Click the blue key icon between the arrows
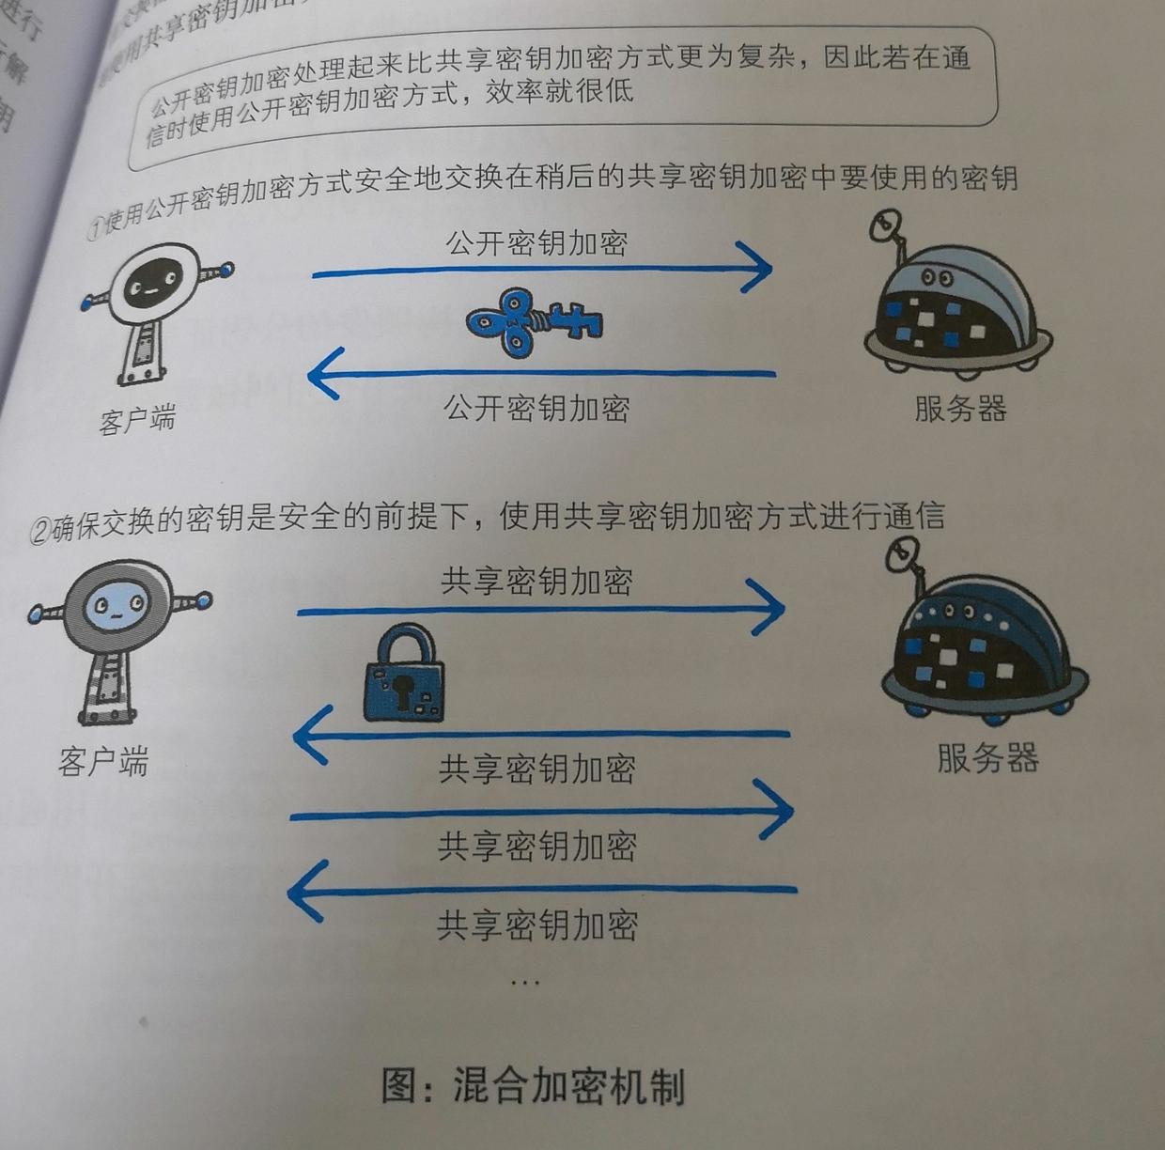click(533, 321)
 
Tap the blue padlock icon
click(404, 675)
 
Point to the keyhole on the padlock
click(403, 690)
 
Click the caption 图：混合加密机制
click(533, 1086)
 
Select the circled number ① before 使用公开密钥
click(95, 227)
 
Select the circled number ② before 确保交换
click(39, 532)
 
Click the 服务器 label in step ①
click(960, 409)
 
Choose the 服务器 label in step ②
click(987, 757)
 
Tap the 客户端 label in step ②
click(103, 761)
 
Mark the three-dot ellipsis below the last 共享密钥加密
click(524, 982)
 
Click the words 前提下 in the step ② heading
click(433, 516)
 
